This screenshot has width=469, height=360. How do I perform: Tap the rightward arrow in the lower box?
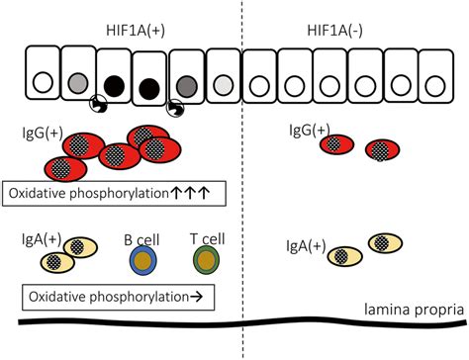(194, 295)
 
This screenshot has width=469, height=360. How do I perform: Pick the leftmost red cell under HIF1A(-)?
(334, 144)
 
